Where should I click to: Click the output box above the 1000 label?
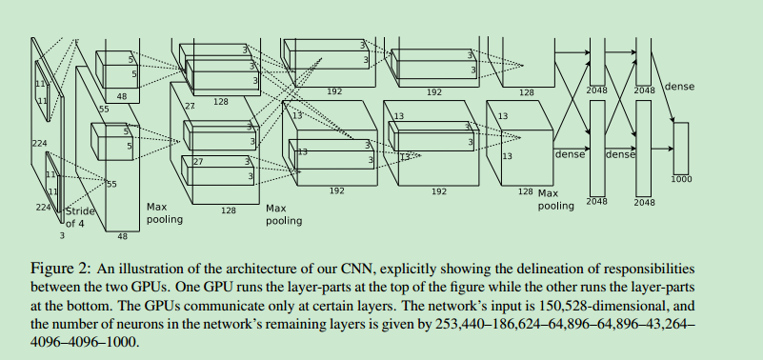(x=681, y=149)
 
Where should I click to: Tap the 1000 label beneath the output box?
(x=681, y=179)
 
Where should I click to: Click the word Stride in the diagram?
(x=80, y=211)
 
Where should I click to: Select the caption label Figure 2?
(x=60, y=269)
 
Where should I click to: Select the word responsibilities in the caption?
(x=647, y=270)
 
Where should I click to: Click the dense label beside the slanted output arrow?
(x=679, y=87)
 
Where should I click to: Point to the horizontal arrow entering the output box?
(x=662, y=149)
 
